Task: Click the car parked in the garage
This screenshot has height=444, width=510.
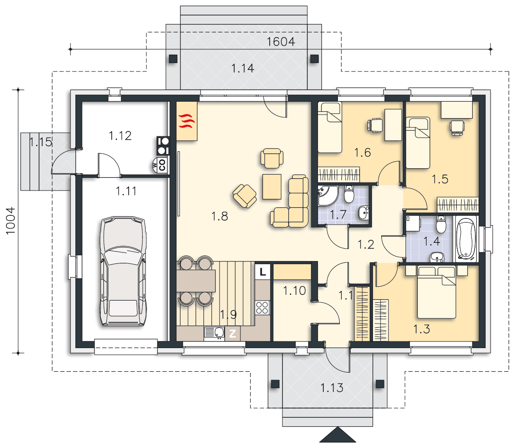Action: click(x=123, y=271)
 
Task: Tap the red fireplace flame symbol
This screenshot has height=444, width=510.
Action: click(x=187, y=121)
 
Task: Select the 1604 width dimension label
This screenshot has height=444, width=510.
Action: click(x=281, y=42)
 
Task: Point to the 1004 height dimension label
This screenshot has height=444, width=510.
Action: click(x=10, y=221)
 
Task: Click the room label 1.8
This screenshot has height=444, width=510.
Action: click(x=220, y=216)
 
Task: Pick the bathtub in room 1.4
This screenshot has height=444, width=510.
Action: click(x=466, y=238)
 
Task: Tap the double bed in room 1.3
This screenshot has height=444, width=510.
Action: click(x=436, y=292)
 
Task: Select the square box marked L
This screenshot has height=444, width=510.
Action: click(x=263, y=271)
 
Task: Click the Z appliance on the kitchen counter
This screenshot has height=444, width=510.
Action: click(x=232, y=334)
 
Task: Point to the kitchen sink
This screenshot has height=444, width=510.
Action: click(x=214, y=333)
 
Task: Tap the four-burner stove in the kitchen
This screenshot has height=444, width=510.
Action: click(x=262, y=308)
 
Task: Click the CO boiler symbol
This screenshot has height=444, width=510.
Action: click(x=162, y=165)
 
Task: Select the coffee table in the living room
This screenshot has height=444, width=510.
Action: click(x=272, y=186)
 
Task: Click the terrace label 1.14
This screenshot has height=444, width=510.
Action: click(x=243, y=68)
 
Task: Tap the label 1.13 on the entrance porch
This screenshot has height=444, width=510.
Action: click(x=332, y=388)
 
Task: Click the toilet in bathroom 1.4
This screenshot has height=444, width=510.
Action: click(x=441, y=224)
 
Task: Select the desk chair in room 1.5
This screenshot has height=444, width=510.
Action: click(x=457, y=127)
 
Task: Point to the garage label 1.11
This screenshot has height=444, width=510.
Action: click(x=126, y=191)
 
